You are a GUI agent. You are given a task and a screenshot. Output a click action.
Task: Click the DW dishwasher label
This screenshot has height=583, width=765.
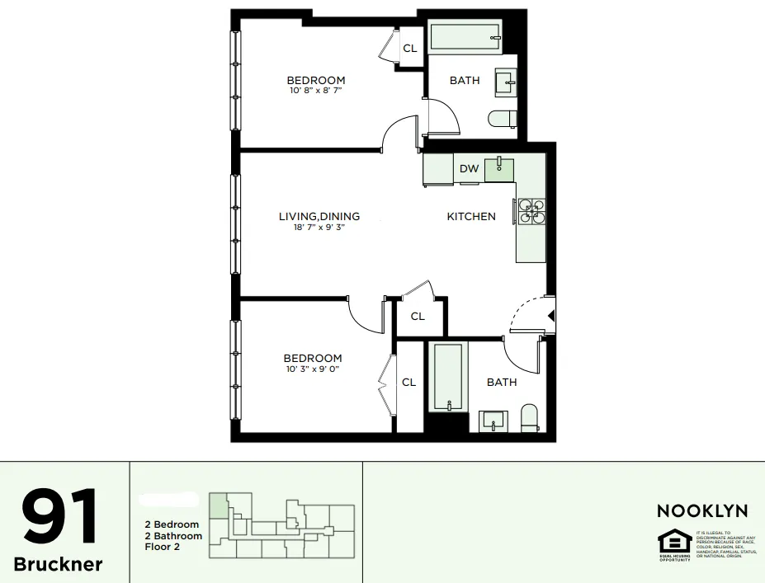[469, 169]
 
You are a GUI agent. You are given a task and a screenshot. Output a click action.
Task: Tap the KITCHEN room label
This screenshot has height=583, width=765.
[471, 216]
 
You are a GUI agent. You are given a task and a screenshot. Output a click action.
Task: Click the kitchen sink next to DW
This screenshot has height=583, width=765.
[498, 169]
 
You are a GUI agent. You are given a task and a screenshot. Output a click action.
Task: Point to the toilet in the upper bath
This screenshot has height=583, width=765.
[502, 120]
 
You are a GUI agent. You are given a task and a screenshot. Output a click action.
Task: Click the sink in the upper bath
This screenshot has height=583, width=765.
[505, 82]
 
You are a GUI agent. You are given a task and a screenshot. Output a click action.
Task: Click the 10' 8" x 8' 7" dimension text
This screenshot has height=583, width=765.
[316, 91]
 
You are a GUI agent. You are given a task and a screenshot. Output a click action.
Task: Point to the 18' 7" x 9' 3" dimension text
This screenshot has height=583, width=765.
[319, 228]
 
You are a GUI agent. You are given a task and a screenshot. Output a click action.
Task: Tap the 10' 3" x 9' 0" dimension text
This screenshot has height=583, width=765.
[312, 369]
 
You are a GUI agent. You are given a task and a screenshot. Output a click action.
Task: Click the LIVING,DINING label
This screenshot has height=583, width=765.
[319, 216]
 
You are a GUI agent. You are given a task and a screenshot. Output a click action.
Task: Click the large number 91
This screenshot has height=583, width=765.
[59, 517]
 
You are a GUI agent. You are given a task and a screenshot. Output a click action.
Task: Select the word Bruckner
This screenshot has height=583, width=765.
[59, 564]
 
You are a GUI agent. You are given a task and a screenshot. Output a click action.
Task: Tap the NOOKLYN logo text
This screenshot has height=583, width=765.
[702, 511]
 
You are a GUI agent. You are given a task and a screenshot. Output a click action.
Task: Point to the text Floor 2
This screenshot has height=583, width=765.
[163, 547]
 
